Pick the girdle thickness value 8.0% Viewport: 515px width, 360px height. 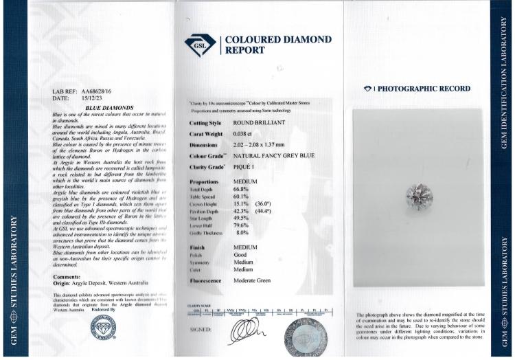pyautogui.click(x=238, y=234)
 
